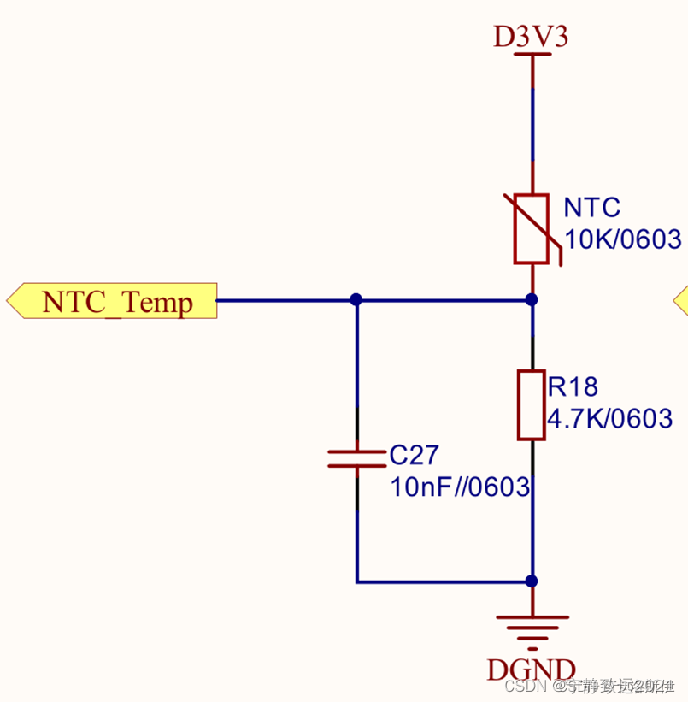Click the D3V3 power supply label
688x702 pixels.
click(x=531, y=37)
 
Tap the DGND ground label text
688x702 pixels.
click(x=531, y=670)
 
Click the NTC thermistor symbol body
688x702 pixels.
click(x=531, y=229)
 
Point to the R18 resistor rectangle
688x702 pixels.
click(x=531, y=405)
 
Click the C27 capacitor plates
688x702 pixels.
click(x=356, y=459)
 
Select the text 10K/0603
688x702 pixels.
click(x=623, y=239)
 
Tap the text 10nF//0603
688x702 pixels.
click(x=461, y=487)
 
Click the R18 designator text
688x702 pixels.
click(x=573, y=387)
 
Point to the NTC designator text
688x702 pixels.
click(x=591, y=208)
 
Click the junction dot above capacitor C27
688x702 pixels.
click(x=356, y=299)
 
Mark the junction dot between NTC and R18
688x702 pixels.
click(x=532, y=299)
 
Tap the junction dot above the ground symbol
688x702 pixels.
click(x=532, y=581)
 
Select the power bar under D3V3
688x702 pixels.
click(x=532, y=55)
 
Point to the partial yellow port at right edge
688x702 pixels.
click(x=681, y=300)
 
